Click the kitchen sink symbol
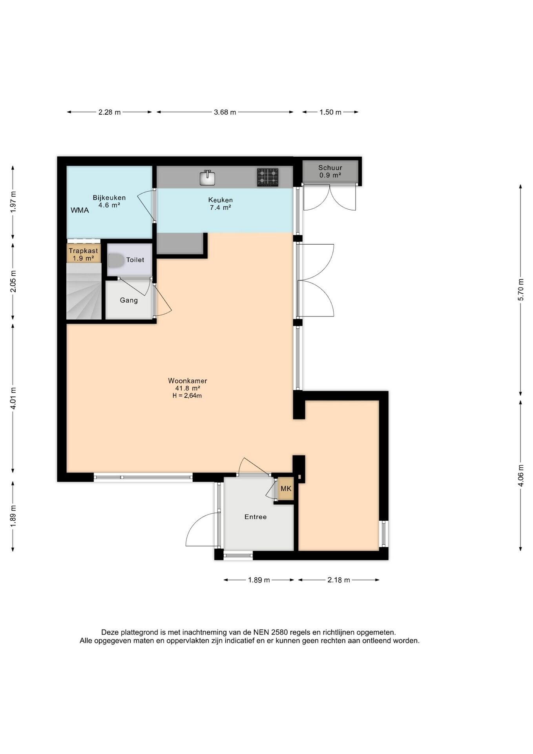click(207, 178)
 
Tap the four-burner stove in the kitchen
click(268, 177)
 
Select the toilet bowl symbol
click(115, 260)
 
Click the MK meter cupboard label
click(286, 489)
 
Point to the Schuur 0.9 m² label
click(330, 172)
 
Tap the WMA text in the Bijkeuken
click(80, 210)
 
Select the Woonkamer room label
click(188, 381)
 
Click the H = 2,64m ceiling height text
click(187, 396)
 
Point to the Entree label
click(256, 517)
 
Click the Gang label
click(129, 300)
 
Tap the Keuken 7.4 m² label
click(221, 204)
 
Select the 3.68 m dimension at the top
click(225, 112)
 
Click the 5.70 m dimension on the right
click(521, 289)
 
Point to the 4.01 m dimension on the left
click(13, 398)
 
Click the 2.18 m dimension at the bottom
click(339, 580)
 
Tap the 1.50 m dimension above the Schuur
click(330, 112)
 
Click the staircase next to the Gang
click(84, 291)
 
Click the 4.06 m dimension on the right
click(521, 476)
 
